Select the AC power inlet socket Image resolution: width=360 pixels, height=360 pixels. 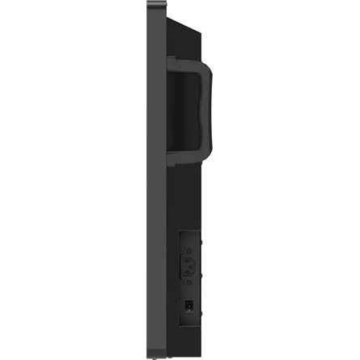(190, 265)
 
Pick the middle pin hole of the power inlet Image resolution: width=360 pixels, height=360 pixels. (190, 265)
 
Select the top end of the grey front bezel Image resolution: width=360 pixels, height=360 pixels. (154, 5)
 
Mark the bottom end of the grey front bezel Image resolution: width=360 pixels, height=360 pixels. (154, 354)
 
